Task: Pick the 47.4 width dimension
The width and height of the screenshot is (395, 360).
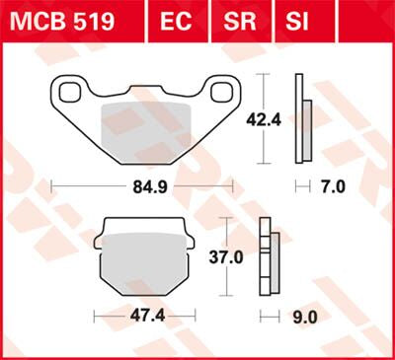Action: click(143, 319)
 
